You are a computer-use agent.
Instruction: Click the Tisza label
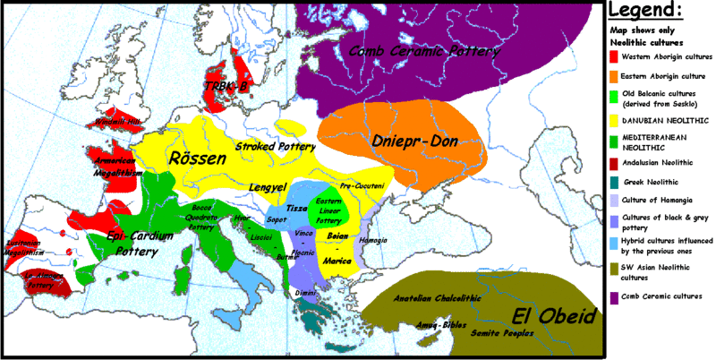[x=284, y=208]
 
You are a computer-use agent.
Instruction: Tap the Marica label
[x=337, y=260]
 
